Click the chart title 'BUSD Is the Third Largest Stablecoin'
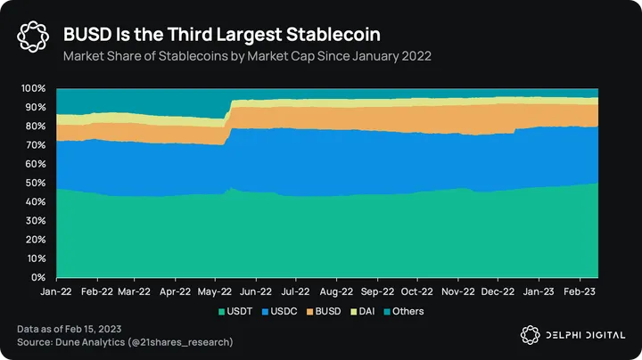point(222,35)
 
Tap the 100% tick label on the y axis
point(34,89)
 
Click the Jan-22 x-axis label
point(56,290)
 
